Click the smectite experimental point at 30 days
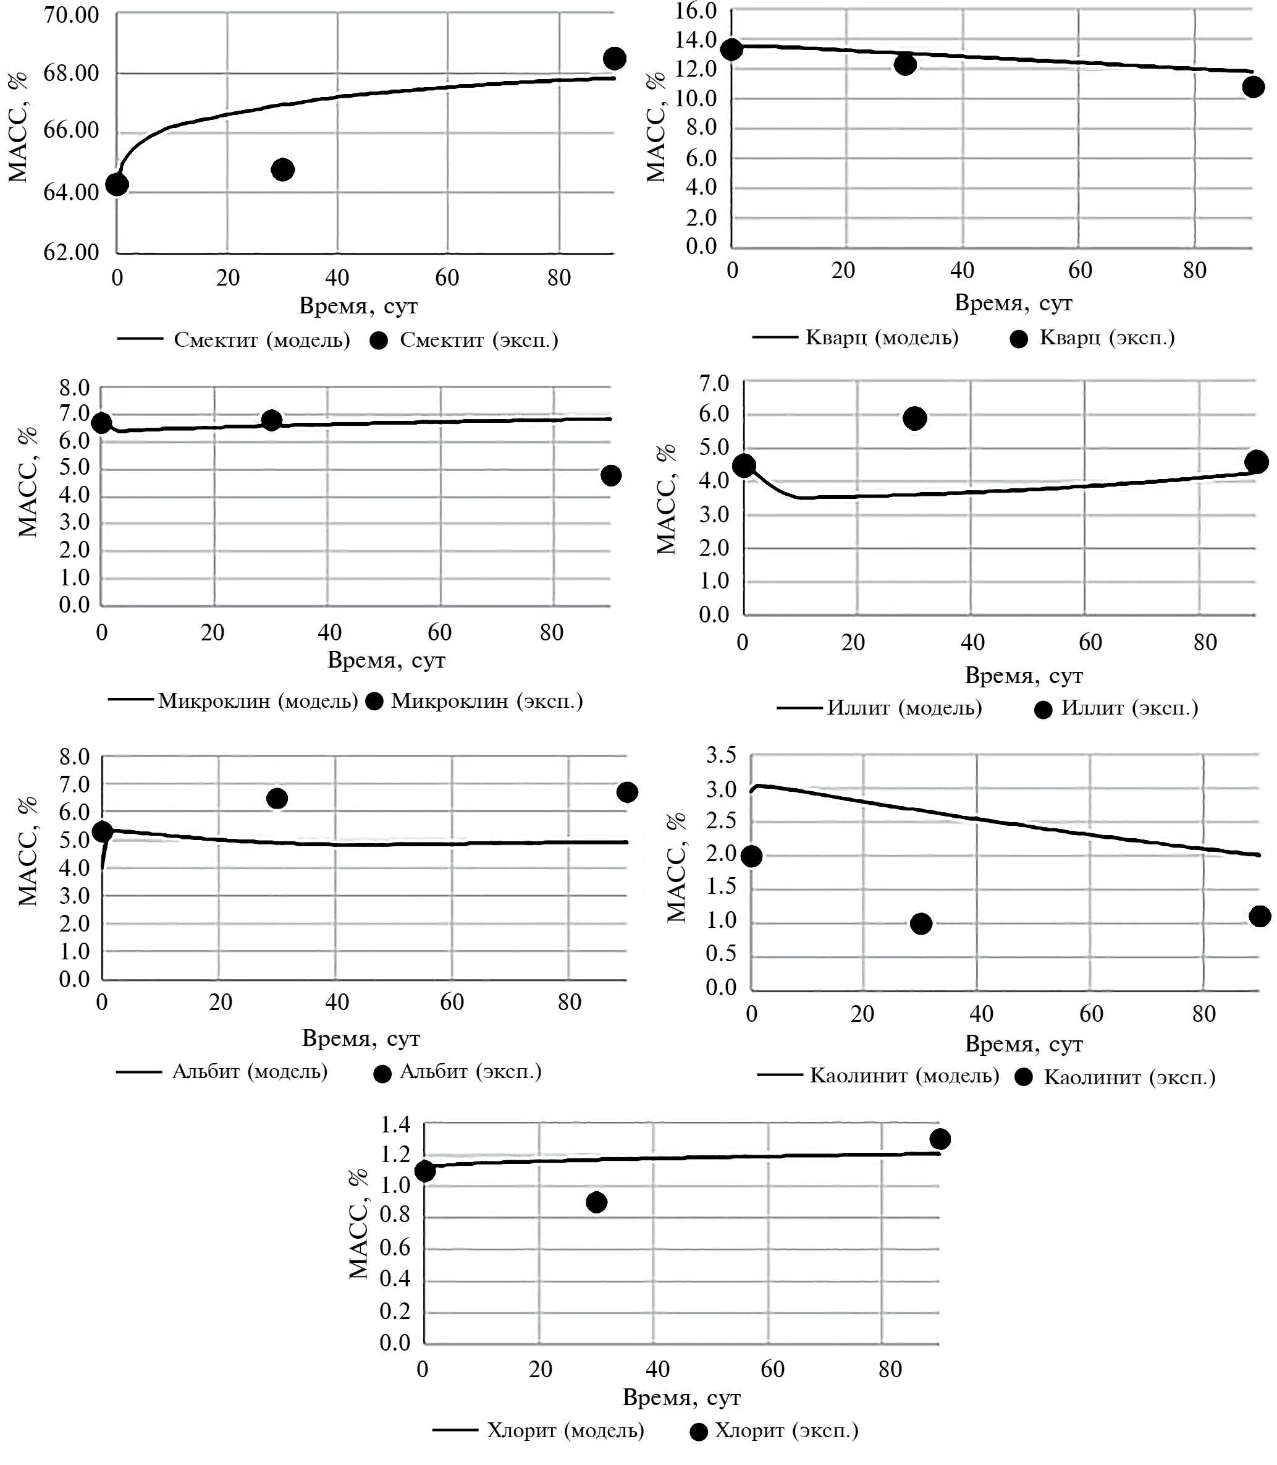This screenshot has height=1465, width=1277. [x=283, y=169]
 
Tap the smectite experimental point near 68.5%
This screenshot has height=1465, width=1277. [x=614, y=59]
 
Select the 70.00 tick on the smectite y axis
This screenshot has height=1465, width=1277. [x=71, y=14]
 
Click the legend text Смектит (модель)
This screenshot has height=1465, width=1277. [x=261, y=340]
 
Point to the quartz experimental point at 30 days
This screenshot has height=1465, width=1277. [x=905, y=64]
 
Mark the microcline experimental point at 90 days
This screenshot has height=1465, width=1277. [x=611, y=475]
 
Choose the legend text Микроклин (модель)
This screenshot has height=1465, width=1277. [x=258, y=701]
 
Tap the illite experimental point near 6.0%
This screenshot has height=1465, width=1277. [x=915, y=418]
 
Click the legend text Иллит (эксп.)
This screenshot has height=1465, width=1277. [x=1129, y=708]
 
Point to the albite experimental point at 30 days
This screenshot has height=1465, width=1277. [x=277, y=799]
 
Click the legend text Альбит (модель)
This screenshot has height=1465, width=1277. [x=250, y=1071]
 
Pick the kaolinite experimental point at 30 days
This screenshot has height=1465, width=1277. [x=921, y=924]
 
